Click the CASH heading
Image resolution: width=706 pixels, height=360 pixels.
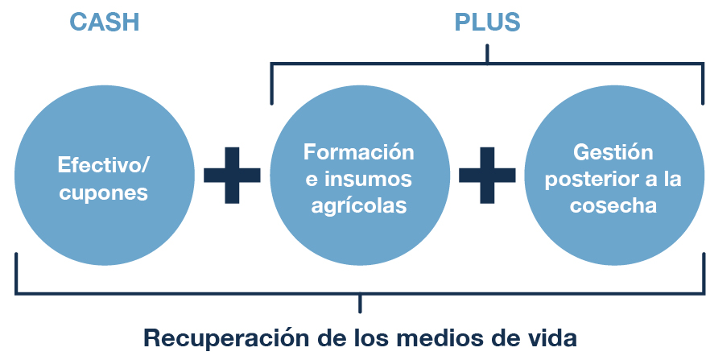click(105, 22)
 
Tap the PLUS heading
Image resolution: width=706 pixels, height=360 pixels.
click(487, 22)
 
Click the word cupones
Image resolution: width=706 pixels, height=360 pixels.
click(104, 193)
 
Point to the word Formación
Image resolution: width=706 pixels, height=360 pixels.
click(358, 151)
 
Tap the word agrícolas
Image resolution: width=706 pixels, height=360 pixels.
click(358, 205)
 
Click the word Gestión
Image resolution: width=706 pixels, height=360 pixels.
click(613, 151)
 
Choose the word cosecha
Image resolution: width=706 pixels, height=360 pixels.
click(613, 205)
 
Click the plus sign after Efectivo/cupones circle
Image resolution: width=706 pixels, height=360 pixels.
click(232, 175)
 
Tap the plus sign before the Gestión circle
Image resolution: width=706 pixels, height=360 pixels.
click(487, 175)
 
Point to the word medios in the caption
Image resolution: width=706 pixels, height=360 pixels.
click(443, 337)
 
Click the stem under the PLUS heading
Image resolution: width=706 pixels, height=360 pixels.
click(487, 53)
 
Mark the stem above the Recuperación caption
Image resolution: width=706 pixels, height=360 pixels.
click(360, 303)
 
